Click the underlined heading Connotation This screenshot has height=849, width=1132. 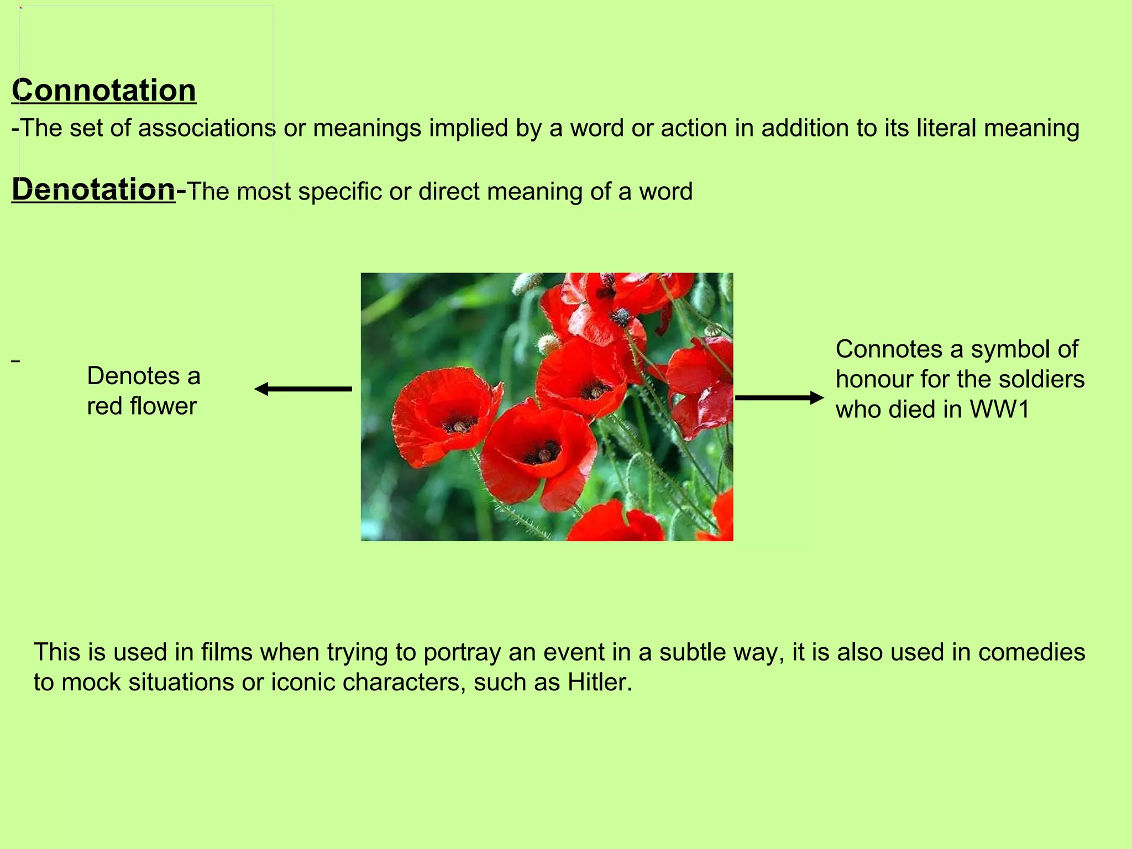coord(104,91)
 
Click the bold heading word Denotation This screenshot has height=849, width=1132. coord(93,190)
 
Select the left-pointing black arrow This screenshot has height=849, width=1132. coord(303,389)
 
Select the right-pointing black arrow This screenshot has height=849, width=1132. coord(779,397)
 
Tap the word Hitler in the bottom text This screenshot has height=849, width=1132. coord(599,682)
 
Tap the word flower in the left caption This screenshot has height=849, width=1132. coord(163,406)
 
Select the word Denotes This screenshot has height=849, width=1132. coord(133,376)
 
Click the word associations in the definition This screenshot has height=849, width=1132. coord(207,128)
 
